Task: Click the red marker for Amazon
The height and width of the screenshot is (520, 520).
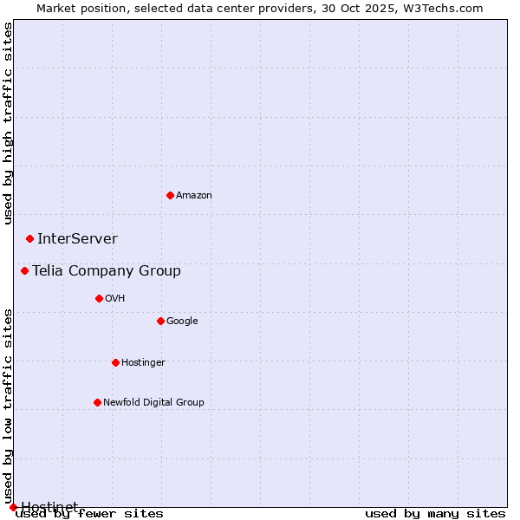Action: pyautogui.click(x=170, y=195)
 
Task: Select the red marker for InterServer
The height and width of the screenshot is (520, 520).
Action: pyautogui.click(x=29, y=238)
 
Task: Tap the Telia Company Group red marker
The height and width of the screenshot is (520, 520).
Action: pyautogui.click(x=24, y=270)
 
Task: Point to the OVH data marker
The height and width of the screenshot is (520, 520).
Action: pyautogui.click(x=99, y=298)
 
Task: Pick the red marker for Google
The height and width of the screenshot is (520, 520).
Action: pyautogui.click(x=160, y=321)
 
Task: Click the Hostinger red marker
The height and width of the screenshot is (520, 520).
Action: pyautogui.click(x=115, y=362)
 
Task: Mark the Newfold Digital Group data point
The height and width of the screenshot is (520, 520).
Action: pyautogui.click(x=97, y=402)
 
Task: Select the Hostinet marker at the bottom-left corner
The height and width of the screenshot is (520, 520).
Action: pyautogui.click(x=13, y=507)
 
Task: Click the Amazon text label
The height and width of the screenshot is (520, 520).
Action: pyautogui.click(x=194, y=195)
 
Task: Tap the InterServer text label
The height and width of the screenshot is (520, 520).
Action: pyautogui.click(x=77, y=238)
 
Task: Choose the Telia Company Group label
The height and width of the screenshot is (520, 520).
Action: pyautogui.click(x=107, y=270)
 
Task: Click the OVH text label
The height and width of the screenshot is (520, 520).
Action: pyautogui.click(x=115, y=298)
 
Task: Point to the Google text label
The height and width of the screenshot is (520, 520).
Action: pyautogui.click(x=182, y=321)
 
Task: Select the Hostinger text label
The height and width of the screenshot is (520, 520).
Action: pyautogui.click(x=143, y=362)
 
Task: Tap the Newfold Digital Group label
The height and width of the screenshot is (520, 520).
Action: pyautogui.click(x=153, y=402)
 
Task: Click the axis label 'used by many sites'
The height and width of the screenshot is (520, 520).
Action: pyautogui.click(x=435, y=513)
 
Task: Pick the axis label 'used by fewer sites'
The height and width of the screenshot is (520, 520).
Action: pyautogui.click(x=90, y=513)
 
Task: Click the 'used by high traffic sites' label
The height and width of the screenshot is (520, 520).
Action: pyautogui.click(x=8, y=123)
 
